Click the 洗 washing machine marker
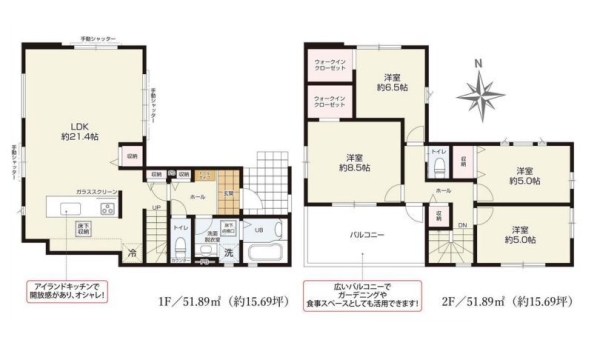[x=228, y=253]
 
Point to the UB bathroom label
[x=259, y=228]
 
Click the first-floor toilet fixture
[x=183, y=249]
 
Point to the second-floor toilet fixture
[x=438, y=169]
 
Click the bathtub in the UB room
[x=265, y=251]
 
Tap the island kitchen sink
[x=71, y=209]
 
